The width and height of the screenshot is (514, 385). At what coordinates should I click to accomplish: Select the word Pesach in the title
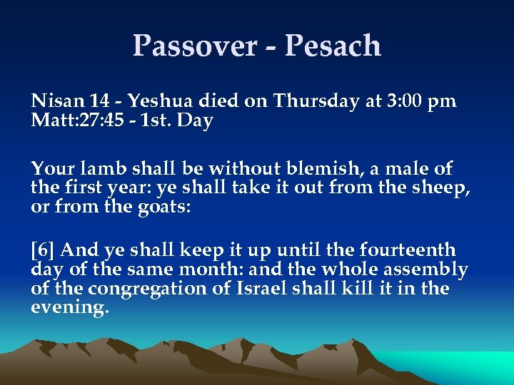333,46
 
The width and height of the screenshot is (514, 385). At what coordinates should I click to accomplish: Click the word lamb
96,169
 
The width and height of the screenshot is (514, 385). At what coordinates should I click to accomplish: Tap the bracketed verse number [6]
44,250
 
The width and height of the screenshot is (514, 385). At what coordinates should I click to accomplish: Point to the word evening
70,308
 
